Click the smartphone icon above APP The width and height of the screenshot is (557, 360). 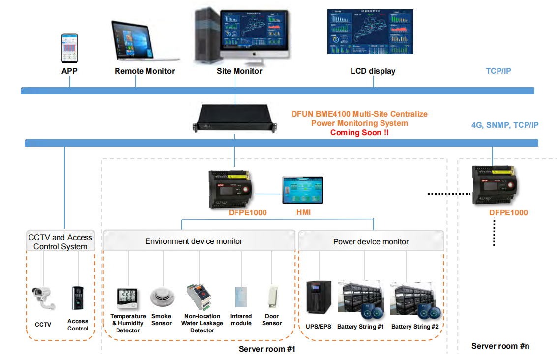pyautogui.click(x=69, y=48)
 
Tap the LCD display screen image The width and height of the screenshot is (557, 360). pyautogui.click(x=370, y=32)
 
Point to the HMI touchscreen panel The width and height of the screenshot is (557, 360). pyautogui.click(x=303, y=190)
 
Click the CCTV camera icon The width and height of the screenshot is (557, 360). pyautogui.click(x=44, y=298)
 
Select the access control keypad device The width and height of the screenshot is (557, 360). pyautogui.click(x=78, y=298)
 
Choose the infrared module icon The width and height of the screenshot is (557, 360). pyautogui.click(x=241, y=298)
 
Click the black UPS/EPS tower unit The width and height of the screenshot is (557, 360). pyautogui.click(x=318, y=298)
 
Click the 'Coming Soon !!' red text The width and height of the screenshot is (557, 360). pyautogui.click(x=359, y=133)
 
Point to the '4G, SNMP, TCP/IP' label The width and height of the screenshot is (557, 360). pyautogui.click(x=505, y=125)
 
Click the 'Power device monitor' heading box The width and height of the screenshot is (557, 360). pyautogui.click(x=371, y=241)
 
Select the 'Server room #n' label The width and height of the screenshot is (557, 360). pyautogui.click(x=500, y=346)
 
